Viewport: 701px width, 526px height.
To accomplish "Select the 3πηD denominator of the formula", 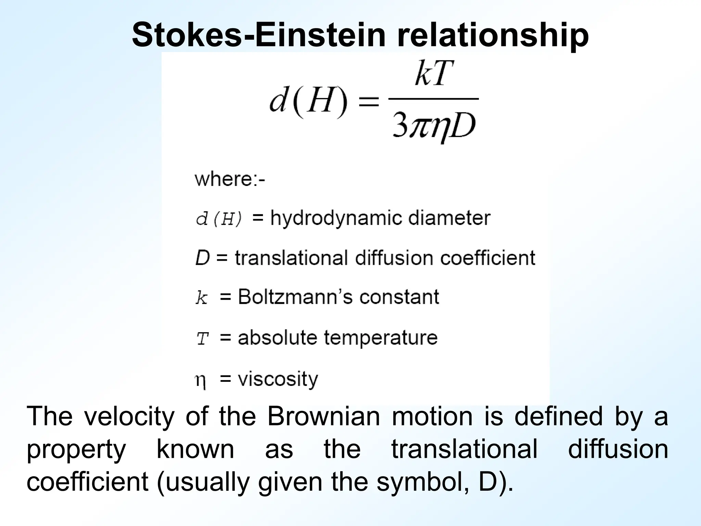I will pos(434,127).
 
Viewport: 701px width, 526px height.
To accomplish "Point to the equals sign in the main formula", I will pos(368,102).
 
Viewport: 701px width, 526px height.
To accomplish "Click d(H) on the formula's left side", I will pos(308,102).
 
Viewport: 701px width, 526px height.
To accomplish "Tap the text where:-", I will pos(230,179).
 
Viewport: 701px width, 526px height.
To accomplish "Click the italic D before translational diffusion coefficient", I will pos(202,258).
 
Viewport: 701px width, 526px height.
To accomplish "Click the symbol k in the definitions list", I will pos(202,298).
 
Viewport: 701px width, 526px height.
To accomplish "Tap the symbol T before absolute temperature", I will pos(202,339).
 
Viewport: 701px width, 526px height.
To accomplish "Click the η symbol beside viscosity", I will pos(201,380).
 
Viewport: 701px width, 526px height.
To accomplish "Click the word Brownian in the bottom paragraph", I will pos(323,416).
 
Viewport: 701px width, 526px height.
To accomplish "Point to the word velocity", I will pos(129,416).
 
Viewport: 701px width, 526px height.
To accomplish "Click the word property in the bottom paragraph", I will pos(76,450).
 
